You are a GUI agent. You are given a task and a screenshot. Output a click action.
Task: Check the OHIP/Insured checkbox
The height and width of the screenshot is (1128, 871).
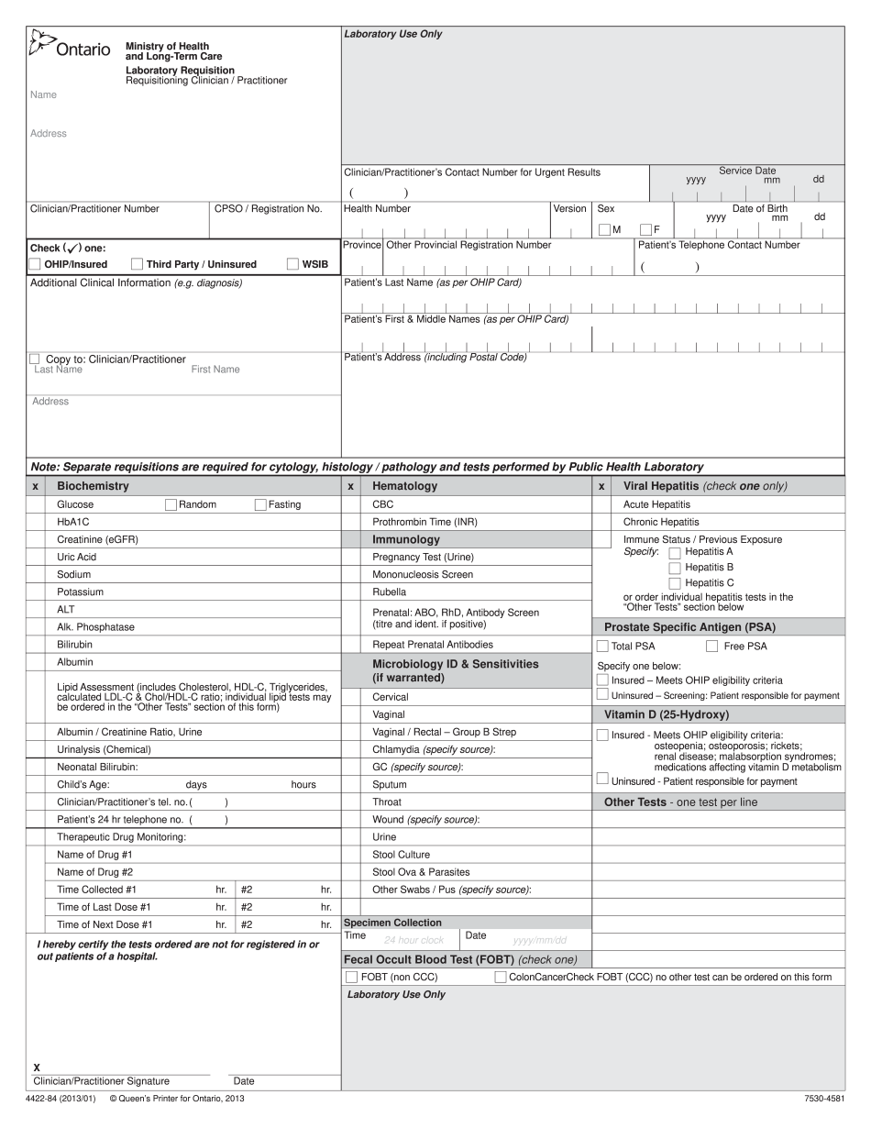click(35, 264)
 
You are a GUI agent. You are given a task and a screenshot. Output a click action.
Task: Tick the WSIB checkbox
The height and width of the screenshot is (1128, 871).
click(293, 264)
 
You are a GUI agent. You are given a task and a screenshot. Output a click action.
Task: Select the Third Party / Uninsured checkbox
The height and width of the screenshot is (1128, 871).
click(138, 264)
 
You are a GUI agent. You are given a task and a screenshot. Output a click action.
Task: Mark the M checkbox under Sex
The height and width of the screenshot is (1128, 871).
click(604, 229)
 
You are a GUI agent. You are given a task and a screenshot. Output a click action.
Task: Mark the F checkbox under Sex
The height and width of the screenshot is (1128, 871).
click(645, 229)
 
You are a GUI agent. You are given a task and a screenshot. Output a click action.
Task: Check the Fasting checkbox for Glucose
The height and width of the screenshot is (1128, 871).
click(260, 504)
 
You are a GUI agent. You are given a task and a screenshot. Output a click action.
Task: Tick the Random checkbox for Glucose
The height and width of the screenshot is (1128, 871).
click(171, 504)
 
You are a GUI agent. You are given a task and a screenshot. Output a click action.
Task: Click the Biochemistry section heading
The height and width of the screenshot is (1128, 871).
click(93, 486)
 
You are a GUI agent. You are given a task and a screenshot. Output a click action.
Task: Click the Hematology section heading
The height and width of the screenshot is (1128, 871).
click(404, 486)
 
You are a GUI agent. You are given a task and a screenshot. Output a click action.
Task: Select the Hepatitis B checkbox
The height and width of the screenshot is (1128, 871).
click(675, 568)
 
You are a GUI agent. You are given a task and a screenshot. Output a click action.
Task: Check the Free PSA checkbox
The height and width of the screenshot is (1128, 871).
click(711, 646)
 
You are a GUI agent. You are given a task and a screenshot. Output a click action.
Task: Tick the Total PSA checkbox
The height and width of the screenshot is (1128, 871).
click(602, 646)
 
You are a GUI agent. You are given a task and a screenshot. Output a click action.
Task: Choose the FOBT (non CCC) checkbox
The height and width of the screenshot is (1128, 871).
click(351, 977)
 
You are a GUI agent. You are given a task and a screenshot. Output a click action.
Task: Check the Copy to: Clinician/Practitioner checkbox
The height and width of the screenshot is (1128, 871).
click(35, 359)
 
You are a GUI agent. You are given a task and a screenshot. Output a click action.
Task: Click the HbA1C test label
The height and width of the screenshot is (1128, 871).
click(72, 522)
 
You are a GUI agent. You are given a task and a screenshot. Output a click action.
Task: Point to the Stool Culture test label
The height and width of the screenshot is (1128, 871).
click(401, 855)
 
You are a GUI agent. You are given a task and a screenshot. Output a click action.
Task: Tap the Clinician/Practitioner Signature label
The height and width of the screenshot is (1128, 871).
click(101, 1081)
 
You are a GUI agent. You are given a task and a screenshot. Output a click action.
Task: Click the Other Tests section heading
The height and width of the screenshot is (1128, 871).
click(680, 802)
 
